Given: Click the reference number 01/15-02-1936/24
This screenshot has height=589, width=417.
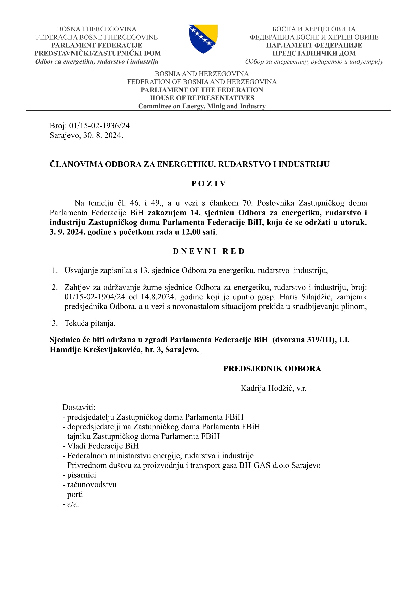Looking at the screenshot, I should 99,126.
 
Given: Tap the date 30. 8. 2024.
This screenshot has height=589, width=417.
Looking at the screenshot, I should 103,135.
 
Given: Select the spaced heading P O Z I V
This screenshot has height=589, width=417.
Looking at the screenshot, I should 209,184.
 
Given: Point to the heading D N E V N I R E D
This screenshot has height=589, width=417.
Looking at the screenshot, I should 209,251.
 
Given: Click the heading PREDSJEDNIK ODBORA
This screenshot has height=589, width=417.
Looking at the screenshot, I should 272,369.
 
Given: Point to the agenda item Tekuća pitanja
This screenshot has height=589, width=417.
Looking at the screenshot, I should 90,323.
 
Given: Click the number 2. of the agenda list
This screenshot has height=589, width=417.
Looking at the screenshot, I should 55,287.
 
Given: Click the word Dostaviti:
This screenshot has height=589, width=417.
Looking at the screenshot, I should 79,407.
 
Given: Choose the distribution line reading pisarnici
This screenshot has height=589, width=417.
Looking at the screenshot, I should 81,475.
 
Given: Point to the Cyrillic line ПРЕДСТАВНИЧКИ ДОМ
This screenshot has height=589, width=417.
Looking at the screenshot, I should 314,53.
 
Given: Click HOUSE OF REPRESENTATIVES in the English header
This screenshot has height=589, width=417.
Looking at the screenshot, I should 202,98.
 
